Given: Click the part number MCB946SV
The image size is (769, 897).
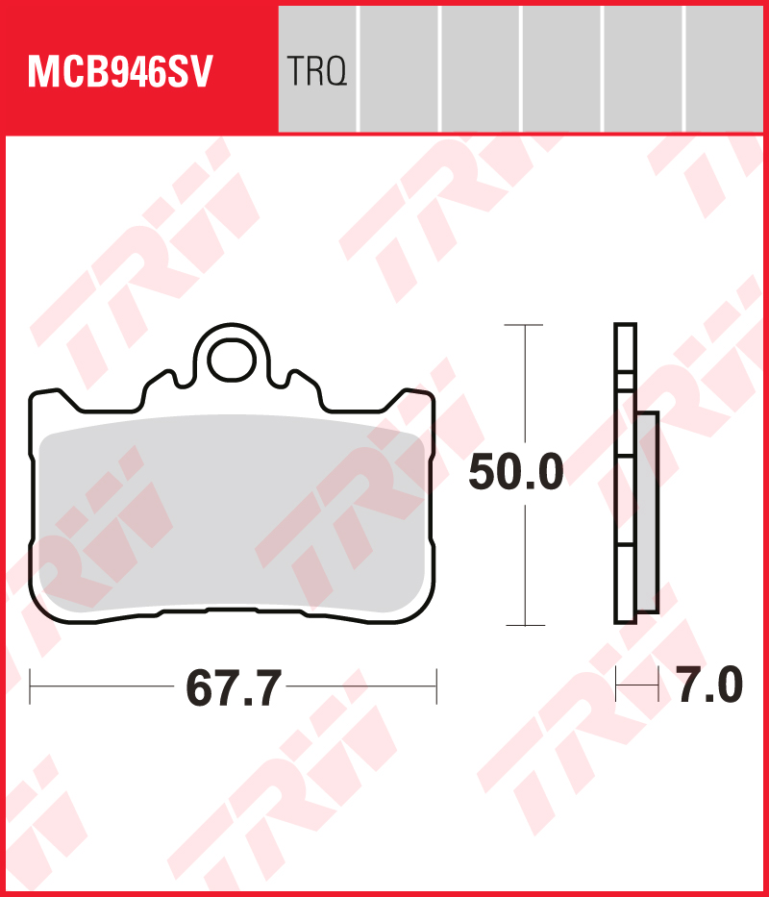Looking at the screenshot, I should point(119,71).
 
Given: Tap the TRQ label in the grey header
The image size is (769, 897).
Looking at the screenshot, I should point(316,71).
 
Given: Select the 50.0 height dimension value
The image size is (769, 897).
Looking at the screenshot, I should point(515,474).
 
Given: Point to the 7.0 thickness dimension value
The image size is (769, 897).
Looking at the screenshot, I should point(709,686).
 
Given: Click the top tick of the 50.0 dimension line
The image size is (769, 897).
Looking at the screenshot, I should point(524,326).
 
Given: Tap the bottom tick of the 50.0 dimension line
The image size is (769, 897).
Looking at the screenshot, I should point(524,625).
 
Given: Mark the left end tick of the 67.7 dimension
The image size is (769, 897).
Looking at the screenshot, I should point(31,686).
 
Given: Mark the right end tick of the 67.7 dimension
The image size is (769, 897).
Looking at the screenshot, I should point(436,686).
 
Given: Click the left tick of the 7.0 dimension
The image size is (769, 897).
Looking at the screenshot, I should point(616,686).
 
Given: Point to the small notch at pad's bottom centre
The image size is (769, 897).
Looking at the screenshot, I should point(231,609).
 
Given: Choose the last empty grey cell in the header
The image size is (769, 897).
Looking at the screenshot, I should point(725,68).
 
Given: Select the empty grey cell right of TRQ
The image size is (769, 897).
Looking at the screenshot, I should point(399,68).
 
